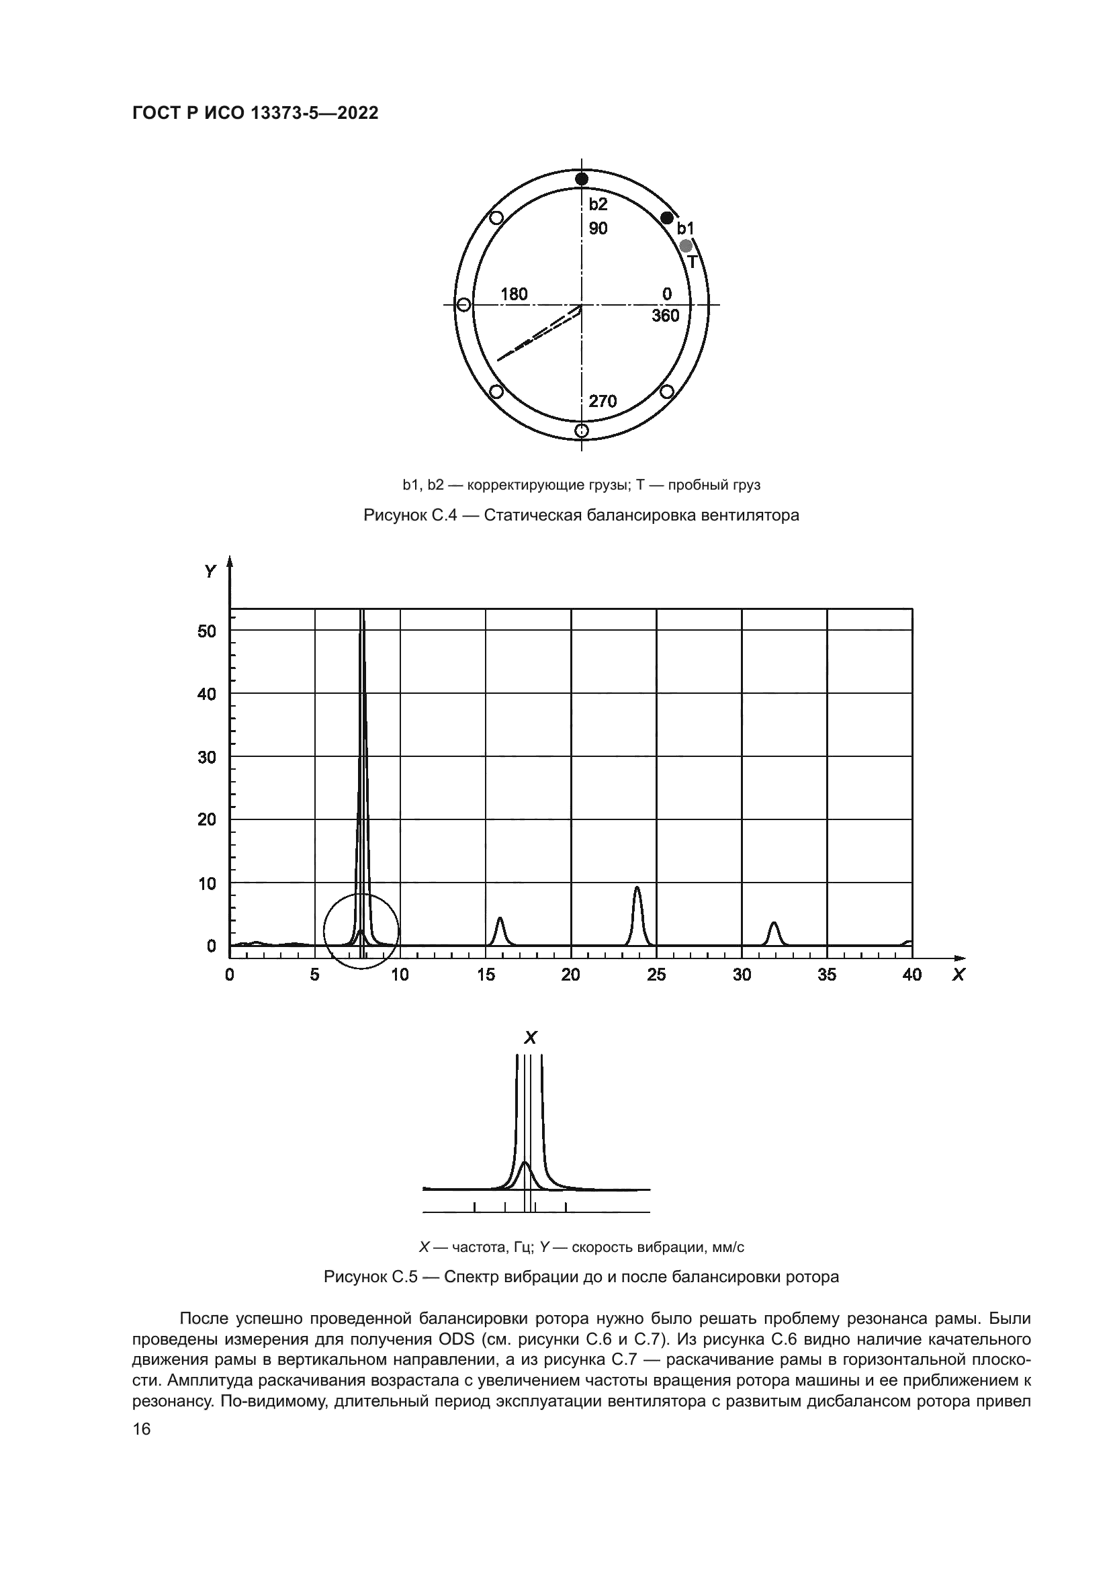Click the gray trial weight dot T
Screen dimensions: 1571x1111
click(686, 245)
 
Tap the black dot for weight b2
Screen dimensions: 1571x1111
click(582, 179)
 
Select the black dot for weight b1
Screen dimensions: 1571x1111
click(667, 218)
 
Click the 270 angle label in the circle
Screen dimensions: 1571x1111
click(603, 402)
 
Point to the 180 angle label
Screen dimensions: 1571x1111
click(514, 294)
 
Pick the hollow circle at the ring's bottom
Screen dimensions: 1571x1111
click(582, 431)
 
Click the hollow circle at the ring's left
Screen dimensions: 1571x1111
click(463, 304)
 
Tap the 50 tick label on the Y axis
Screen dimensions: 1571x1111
click(207, 631)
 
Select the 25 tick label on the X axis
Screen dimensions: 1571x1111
click(656, 975)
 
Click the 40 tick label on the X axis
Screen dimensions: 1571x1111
click(912, 975)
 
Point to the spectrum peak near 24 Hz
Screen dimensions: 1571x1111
click(637, 889)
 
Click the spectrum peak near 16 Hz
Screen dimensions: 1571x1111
click(500, 919)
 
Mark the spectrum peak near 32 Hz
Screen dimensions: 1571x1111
click(774, 924)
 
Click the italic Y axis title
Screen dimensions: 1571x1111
click(210, 572)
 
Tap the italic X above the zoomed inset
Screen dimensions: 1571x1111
click(530, 1038)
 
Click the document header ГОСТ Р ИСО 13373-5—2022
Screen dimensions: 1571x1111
click(255, 114)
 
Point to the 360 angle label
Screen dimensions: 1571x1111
click(666, 316)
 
